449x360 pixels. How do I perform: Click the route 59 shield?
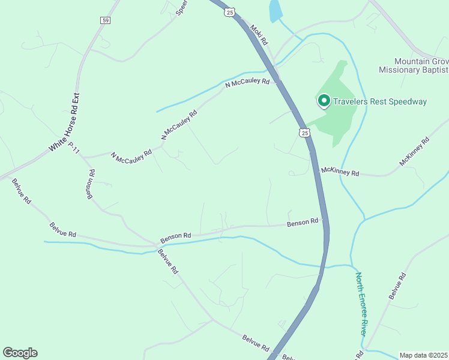pyautogui.click(x=105, y=20)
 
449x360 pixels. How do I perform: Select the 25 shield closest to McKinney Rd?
pyautogui.click(x=305, y=133)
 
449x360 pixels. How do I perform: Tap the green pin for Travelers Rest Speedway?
pyautogui.click(x=324, y=101)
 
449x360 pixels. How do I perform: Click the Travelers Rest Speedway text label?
pyautogui.click(x=379, y=101)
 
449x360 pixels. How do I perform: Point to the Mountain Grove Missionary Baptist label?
pyautogui.click(x=413, y=65)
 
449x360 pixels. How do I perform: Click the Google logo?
pyautogui.click(x=20, y=353)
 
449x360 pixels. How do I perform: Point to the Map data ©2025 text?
pyautogui.click(x=424, y=355)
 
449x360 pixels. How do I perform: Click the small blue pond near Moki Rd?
pyautogui.click(x=275, y=10)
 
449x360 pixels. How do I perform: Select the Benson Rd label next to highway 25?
pyautogui.click(x=302, y=223)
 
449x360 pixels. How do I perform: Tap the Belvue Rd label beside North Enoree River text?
pyautogui.click(x=397, y=286)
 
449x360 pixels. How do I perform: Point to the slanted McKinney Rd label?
pyautogui.click(x=415, y=152)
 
